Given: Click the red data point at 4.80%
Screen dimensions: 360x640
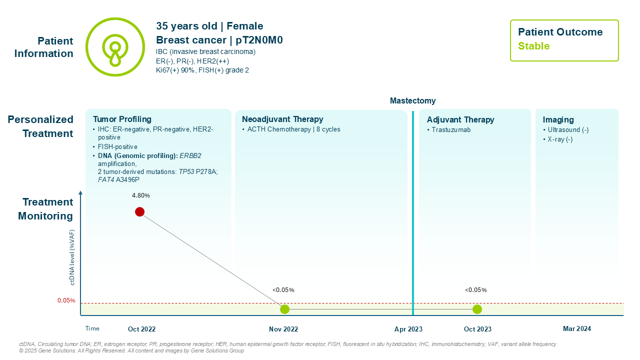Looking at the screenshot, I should point(139,211).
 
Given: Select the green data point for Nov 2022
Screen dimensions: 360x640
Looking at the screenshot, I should point(284,309).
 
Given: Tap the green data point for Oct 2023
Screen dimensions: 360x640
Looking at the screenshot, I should point(477,309).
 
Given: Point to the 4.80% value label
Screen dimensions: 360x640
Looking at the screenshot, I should point(140,194).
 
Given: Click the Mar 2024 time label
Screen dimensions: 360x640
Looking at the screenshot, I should point(576,328).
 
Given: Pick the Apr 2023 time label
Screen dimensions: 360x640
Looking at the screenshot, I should point(408,329).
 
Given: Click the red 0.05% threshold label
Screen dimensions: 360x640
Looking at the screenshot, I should point(66,300).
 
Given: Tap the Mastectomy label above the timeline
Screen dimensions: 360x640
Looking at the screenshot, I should point(412,100).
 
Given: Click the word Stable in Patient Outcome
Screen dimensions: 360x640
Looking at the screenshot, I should point(533,46).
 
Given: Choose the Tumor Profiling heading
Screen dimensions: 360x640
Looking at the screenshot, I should point(122,119).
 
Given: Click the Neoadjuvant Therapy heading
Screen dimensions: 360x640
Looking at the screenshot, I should point(282,119).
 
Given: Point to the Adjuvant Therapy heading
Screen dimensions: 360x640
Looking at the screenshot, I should point(460,119).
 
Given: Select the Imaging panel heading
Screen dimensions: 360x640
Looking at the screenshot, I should point(558,119).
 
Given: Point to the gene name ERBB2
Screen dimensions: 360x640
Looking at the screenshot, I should point(190,155).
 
